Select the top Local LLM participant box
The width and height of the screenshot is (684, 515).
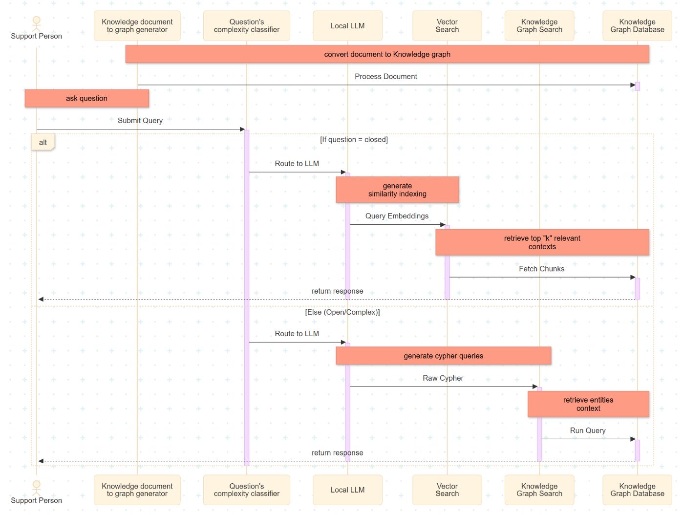click(x=347, y=26)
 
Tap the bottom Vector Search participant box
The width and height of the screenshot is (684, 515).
click(x=447, y=490)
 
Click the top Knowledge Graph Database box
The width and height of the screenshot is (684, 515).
click(x=637, y=26)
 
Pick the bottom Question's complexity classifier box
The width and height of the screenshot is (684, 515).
click(x=246, y=490)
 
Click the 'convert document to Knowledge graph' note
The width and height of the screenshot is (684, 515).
click(x=387, y=54)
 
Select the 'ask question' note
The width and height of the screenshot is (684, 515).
click(x=86, y=98)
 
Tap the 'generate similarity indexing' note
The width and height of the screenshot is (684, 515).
click(x=397, y=190)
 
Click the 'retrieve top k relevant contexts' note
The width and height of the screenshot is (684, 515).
click(x=542, y=242)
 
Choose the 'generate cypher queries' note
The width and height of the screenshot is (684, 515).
click(x=443, y=356)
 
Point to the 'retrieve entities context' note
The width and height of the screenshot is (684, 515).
click(x=588, y=404)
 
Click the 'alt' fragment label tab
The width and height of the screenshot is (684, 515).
click(x=43, y=143)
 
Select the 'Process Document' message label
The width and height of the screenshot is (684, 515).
click(x=385, y=77)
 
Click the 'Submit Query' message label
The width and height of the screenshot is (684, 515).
click(x=140, y=121)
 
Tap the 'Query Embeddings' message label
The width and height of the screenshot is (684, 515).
click(x=397, y=216)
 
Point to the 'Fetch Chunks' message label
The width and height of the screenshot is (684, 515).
click(x=541, y=269)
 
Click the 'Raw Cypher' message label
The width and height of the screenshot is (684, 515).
click(x=443, y=378)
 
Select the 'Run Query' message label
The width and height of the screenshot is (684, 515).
click(x=588, y=430)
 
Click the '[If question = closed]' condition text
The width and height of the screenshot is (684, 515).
click(x=354, y=140)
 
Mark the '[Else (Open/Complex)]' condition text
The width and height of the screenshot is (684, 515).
click(x=342, y=312)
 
